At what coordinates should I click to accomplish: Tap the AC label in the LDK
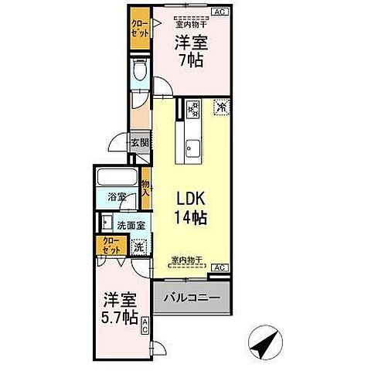pos(219,267)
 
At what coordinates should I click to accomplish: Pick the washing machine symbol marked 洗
pos(139,247)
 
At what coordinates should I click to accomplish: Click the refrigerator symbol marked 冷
pos(220,107)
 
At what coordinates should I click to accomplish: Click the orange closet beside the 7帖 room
pos(140,29)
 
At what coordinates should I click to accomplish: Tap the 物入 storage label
pos(145,189)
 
